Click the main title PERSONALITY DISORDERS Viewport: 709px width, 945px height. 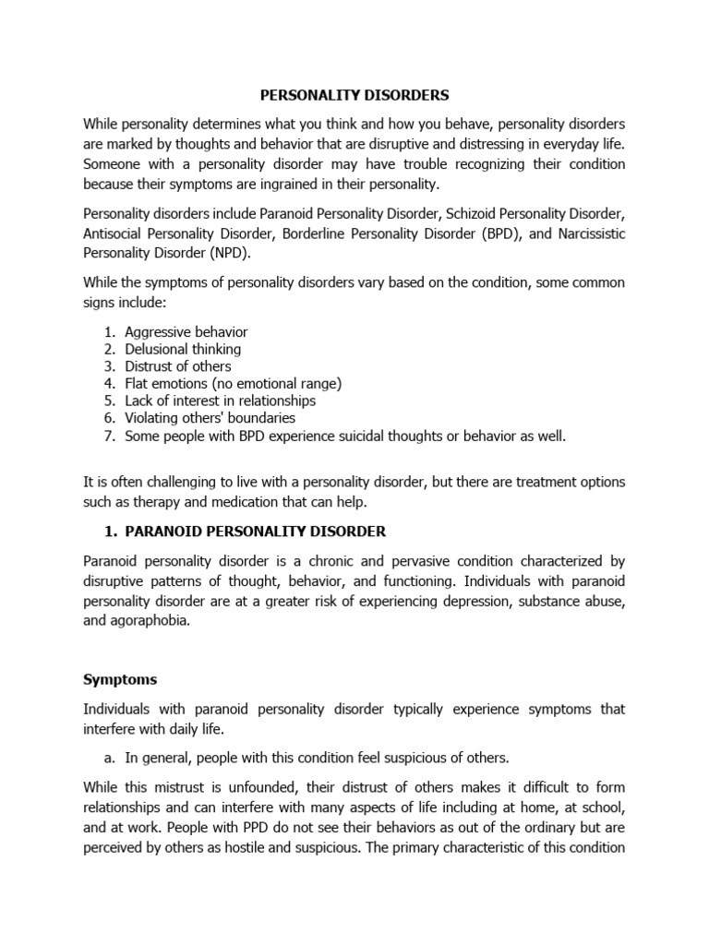pyautogui.click(x=354, y=95)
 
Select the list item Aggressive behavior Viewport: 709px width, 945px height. pyautogui.click(x=186, y=331)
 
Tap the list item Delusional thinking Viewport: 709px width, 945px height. pyautogui.click(x=183, y=349)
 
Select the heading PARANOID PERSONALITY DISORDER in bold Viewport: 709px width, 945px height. pyautogui.click(x=255, y=532)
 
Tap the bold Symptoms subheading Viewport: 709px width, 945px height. pyautogui.click(x=120, y=679)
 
